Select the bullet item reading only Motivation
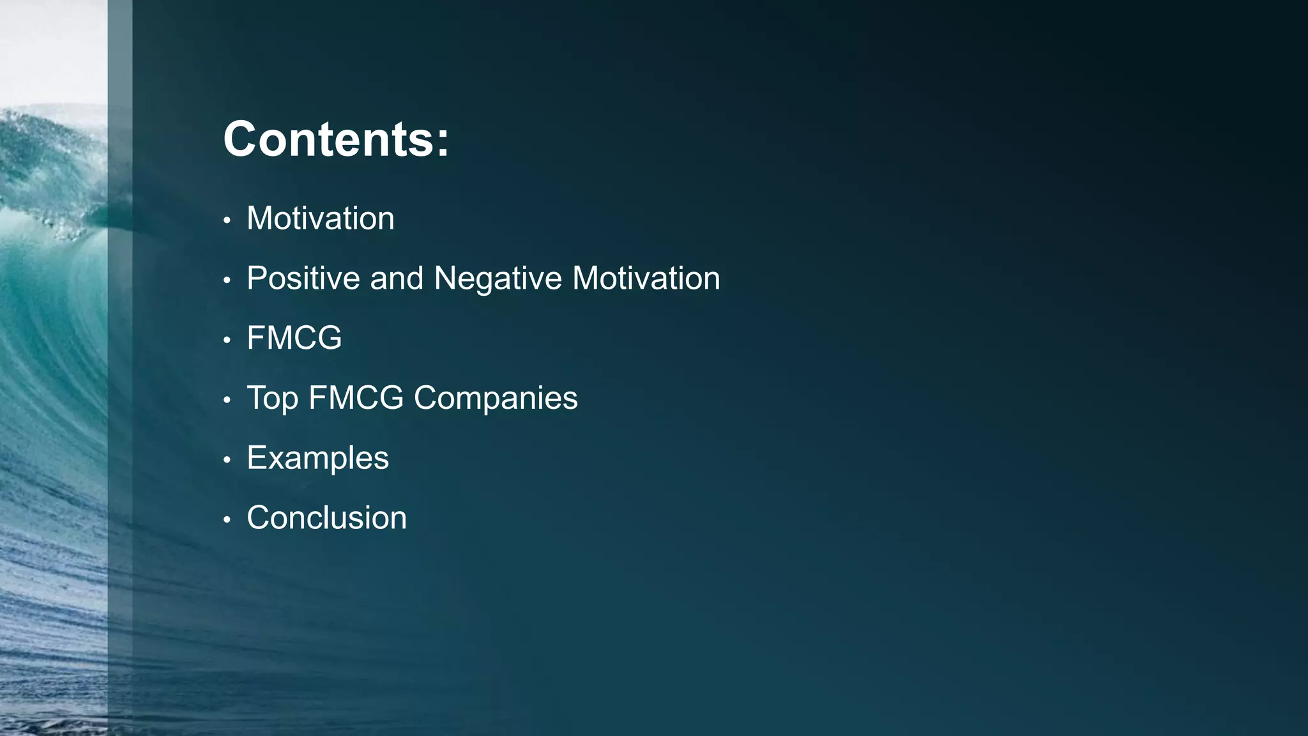coord(320,218)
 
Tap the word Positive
coord(303,279)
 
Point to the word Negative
coord(498,279)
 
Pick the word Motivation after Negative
coord(646,279)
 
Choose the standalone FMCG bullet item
coord(294,338)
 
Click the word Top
coord(272,399)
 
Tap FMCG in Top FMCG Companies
coord(356,398)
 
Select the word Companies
coord(496,399)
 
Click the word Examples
coord(317,458)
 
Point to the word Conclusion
coord(326,517)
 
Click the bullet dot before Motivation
coord(227,221)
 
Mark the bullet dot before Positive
coord(227,280)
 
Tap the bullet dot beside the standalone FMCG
coord(227,341)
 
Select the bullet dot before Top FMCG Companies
coord(227,401)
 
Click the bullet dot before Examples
coord(227,460)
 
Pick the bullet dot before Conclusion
coord(227,520)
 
